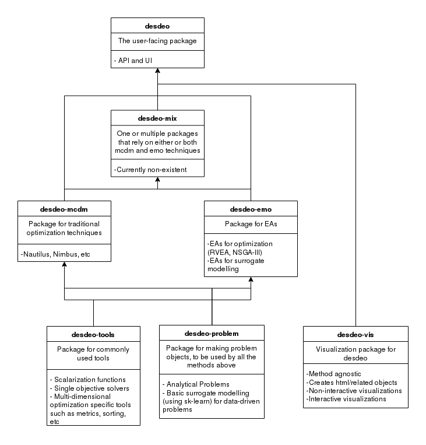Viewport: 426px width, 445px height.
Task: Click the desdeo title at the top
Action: [x=157, y=26]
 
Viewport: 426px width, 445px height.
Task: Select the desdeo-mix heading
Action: [x=157, y=118]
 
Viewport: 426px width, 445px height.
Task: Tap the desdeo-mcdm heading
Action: [x=64, y=209]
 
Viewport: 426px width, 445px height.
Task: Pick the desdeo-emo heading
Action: [x=251, y=209]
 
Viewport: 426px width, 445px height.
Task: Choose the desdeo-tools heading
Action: [x=93, y=335]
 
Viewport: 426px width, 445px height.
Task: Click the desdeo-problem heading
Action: [x=212, y=334]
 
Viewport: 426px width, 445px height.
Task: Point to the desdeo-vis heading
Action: [x=355, y=335]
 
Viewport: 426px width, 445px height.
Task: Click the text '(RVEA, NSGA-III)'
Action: [x=235, y=253]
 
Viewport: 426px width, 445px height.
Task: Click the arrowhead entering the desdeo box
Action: [x=157, y=71]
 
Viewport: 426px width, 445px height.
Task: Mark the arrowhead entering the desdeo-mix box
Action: [x=157, y=180]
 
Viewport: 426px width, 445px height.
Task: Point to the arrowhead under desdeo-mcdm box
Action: [x=64, y=264]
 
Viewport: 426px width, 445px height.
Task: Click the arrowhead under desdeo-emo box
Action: [x=251, y=279]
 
